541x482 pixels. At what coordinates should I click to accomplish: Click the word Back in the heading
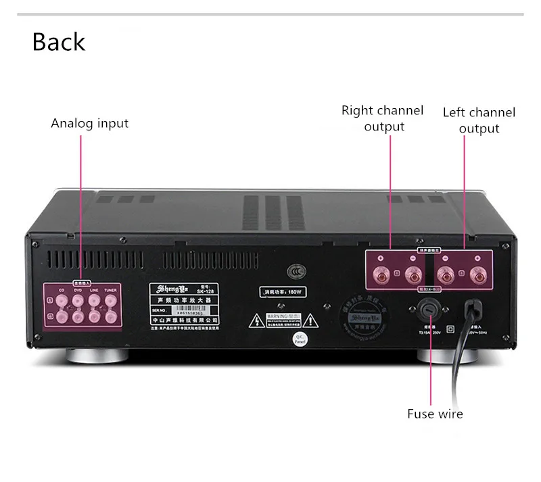[x=59, y=42]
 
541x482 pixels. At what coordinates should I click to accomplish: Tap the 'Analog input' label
[x=89, y=124]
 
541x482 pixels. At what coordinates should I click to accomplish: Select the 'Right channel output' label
[x=382, y=118]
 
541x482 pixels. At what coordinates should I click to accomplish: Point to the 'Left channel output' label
[x=479, y=120]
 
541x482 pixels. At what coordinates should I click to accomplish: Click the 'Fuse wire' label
[x=435, y=414]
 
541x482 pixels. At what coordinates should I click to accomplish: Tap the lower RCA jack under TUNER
[x=110, y=316]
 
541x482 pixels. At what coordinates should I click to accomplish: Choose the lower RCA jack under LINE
[x=94, y=316]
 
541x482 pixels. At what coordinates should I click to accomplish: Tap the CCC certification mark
[x=293, y=271]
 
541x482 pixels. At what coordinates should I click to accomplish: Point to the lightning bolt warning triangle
[x=258, y=319]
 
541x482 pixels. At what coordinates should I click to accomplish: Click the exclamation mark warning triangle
[x=308, y=319]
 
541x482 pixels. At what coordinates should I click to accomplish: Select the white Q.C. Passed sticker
[x=298, y=340]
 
